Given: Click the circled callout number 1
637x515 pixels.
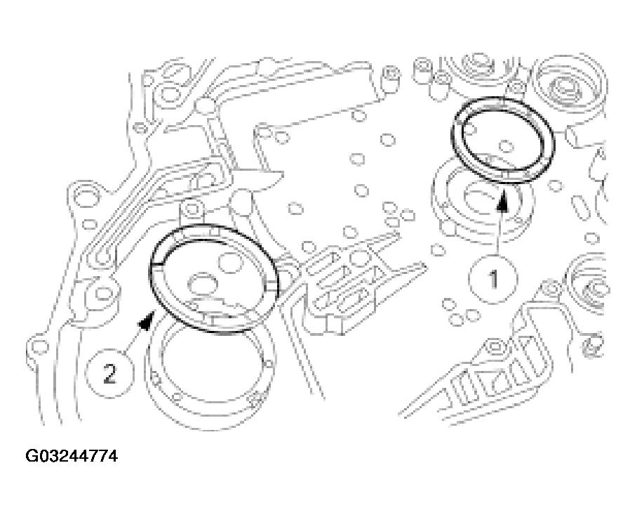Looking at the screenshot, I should coord(493,279).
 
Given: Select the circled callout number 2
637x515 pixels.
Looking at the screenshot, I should coord(109,373).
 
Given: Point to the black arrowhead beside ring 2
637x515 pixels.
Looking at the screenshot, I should coord(146,322).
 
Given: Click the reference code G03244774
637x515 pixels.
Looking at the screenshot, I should coord(72,457).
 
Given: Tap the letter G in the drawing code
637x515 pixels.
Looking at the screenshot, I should coord(32,457).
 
